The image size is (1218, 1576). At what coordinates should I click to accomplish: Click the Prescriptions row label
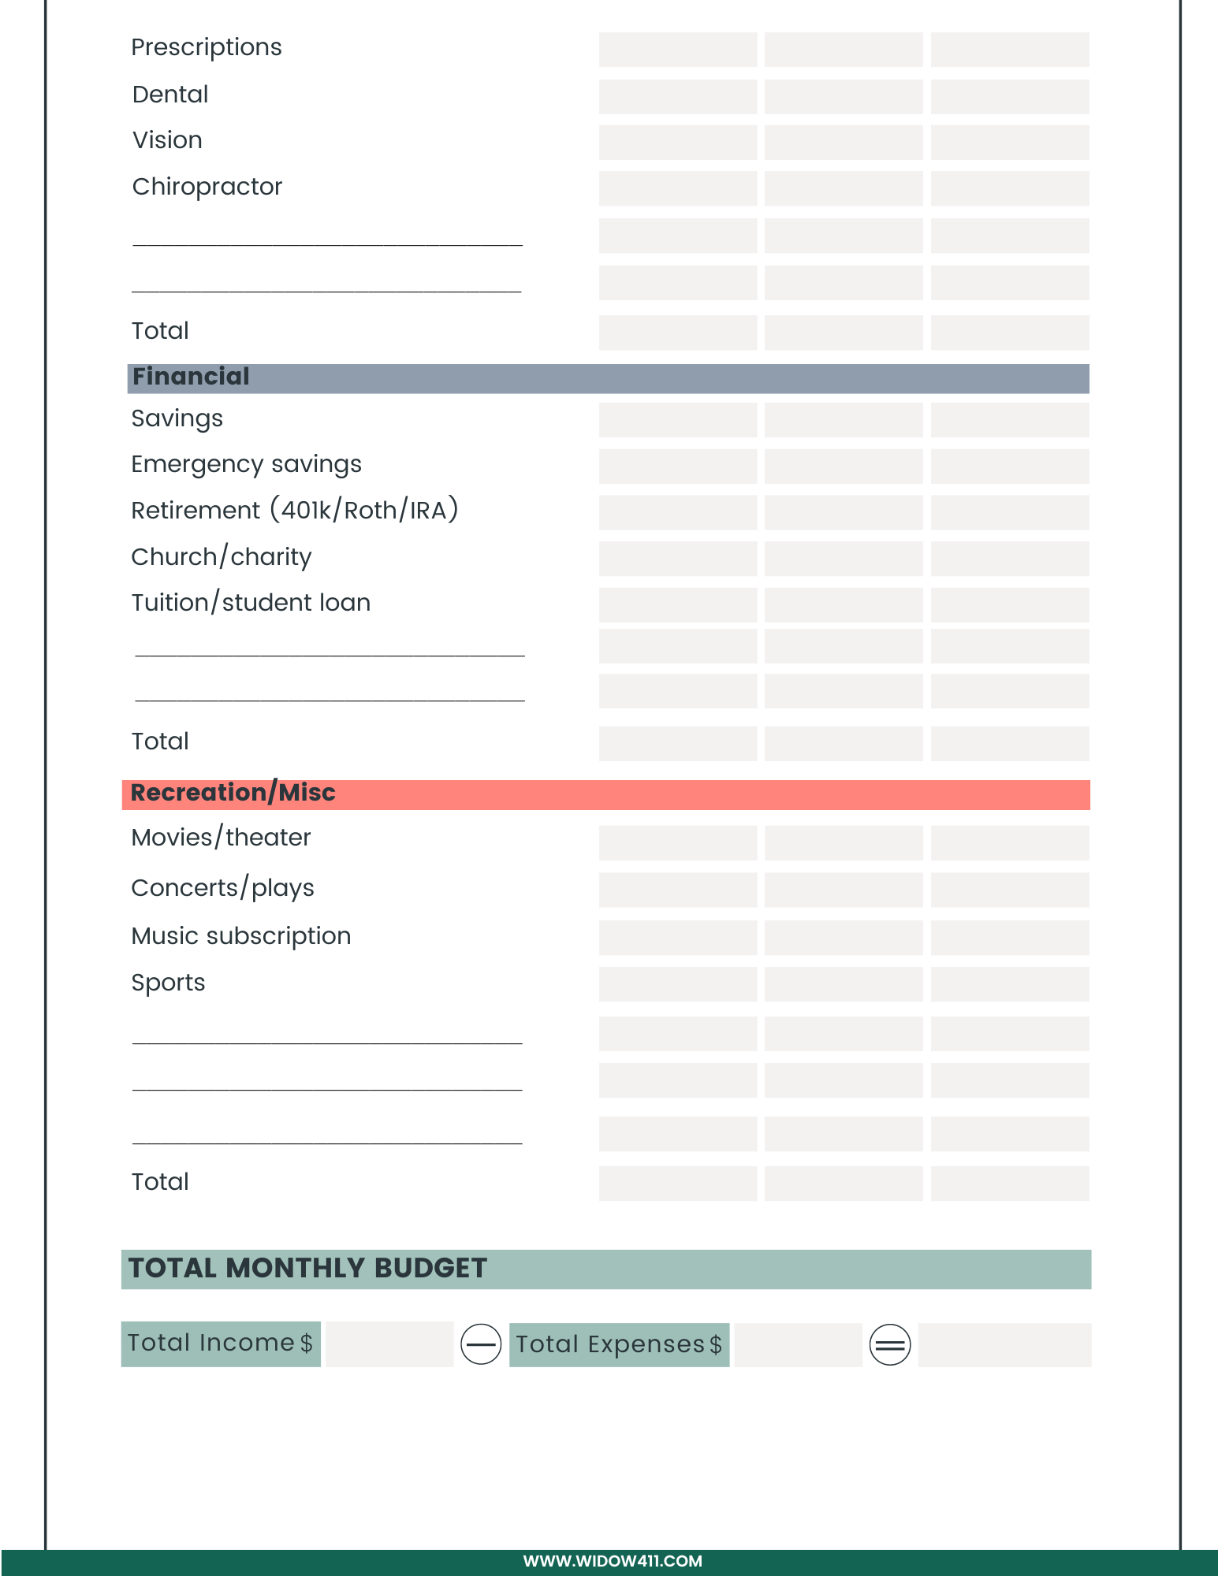[x=206, y=48]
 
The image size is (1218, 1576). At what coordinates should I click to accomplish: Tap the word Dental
[x=170, y=95]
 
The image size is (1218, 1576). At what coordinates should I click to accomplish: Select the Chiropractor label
[x=207, y=187]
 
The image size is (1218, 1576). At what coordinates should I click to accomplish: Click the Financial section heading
[x=191, y=377]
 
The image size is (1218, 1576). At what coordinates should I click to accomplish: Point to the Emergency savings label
[x=246, y=464]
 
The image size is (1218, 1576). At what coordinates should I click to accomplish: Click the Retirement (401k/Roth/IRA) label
[x=294, y=511]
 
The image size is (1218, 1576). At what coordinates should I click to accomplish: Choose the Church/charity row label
[x=221, y=557]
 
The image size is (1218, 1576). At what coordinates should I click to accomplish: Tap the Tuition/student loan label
[x=251, y=603]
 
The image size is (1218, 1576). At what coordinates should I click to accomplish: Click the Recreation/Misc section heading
[x=233, y=793]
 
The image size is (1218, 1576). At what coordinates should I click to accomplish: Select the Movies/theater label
[x=221, y=838]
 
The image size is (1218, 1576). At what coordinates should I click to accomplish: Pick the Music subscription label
[x=240, y=936]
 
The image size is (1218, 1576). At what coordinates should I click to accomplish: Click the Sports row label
[x=168, y=983]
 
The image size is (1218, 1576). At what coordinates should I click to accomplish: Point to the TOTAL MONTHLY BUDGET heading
[x=307, y=1268]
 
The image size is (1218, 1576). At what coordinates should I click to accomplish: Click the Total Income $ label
[x=220, y=1343]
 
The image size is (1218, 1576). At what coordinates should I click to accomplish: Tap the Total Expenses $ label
[x=619, y=1344]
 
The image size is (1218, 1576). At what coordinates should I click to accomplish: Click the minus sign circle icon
[x=481, y=1344]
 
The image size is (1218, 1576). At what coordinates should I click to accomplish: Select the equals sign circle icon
[x=890, y=1344]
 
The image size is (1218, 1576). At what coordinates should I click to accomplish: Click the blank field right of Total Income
[x=389, y=1344]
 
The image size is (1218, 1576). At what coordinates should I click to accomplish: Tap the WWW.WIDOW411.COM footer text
[x=613, y=1561]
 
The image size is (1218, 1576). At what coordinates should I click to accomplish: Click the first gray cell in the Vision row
[x=678, y=142]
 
